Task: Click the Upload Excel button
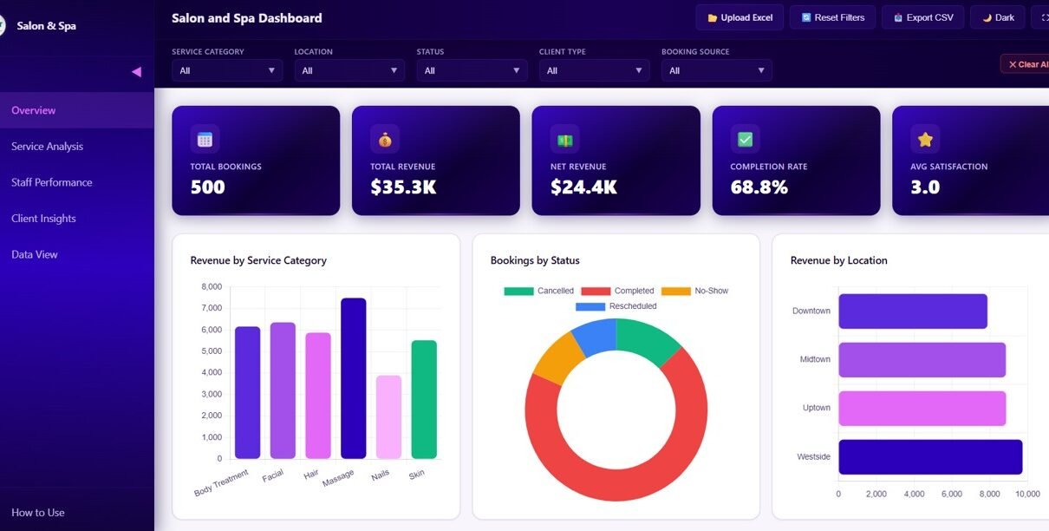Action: [740, 17]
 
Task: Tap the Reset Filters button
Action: [832, 17]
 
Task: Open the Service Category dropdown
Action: [227, 70]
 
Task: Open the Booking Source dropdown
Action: [716, 70]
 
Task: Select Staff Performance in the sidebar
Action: [52, 182]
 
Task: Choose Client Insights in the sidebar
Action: [43, 219]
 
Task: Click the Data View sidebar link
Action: [35, 254]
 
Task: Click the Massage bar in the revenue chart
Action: [353, 378]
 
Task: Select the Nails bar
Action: [388, 416]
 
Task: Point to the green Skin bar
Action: [424, 399]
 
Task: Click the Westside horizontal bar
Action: [929, 457]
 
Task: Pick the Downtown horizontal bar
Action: [912, 311]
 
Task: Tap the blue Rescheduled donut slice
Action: [595, 336]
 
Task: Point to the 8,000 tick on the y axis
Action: [212, 286]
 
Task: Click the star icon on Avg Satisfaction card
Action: [925, 139]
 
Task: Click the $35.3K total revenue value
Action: [403, 187]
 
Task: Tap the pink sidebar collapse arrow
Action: [136, 72]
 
